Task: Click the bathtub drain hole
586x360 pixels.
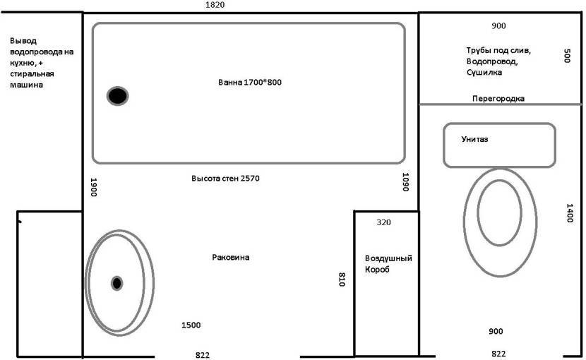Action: pos(118,96)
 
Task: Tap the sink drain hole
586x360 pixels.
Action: pos(117,283)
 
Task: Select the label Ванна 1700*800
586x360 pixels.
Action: pos(250,83)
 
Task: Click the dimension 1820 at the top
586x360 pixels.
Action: pos(215,5)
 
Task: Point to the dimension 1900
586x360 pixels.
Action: pos(93,187)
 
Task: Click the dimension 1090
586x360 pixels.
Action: pos(405,181)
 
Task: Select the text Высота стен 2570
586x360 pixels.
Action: pos(225,179)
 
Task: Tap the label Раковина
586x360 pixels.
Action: pos(231,257)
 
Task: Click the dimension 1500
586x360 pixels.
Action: pos(191,325)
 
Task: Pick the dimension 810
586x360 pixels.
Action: pos(342,280)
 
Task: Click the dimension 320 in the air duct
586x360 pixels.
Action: pos(383,222)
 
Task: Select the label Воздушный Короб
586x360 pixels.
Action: pos(388,263)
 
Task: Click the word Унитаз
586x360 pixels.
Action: pos(474,139)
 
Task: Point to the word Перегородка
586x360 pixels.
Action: pos(498,99)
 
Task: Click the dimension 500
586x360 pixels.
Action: pos(567,56)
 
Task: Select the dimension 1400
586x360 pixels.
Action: pos(570,213)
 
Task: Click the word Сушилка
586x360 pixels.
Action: pos(484,72)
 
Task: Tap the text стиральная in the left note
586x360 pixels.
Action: pos(32,73)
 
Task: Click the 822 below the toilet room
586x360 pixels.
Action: pos(498,354)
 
